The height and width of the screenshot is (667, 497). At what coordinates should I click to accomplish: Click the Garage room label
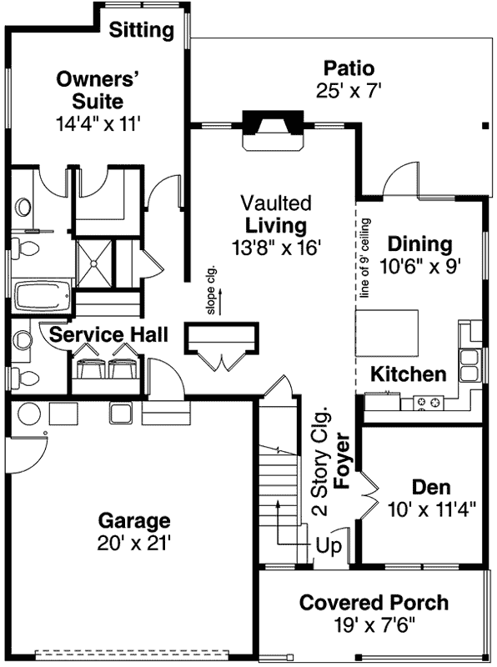pyautogui.click(x=134, y=521)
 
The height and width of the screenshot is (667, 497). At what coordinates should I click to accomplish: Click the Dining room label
pyautogui.click(x=420, y=244)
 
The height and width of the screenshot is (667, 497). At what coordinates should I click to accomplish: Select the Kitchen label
pyautogui.click(x=409, y=374)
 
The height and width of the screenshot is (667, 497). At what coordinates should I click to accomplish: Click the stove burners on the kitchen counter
pyautogui.click(x=429, y=404)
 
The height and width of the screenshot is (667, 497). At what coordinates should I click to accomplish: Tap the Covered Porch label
pyautogui.click(x=374, y=603)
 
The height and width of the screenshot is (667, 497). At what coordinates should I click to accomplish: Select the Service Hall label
pyautogui.click(x=108, y=335)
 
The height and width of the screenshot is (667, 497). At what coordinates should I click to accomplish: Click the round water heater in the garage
pyautogui.click(x=28, y=414)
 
